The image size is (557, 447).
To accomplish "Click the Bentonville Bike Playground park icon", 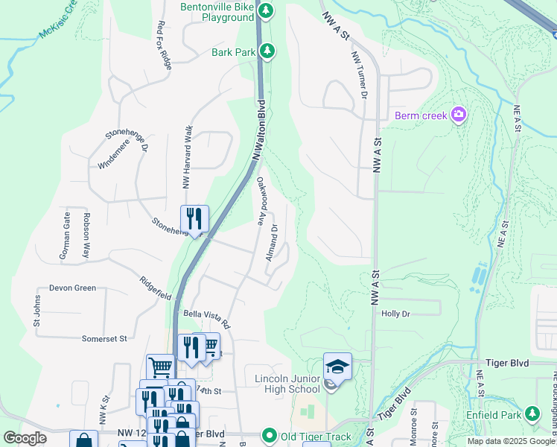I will (x=267, y=11).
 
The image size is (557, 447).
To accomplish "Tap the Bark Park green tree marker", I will (x=267, y=51).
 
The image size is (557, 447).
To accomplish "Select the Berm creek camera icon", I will (x=459, y=115).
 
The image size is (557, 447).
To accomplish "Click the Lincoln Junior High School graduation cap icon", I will (x=337, y=367).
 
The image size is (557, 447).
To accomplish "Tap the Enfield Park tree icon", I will (x=532, y=413).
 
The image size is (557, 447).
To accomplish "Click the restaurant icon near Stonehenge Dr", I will (x=194, y=219).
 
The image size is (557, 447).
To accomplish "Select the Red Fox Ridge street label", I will (x=165, y=45).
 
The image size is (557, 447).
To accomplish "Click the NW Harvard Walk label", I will (x=188, y=157).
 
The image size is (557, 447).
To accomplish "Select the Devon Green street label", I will (x=72, y=288).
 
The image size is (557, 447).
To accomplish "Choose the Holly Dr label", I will (x=395, y=314).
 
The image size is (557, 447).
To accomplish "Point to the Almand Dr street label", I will (x=274, y=241).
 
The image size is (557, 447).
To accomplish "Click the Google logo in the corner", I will (x=25, y=438).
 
